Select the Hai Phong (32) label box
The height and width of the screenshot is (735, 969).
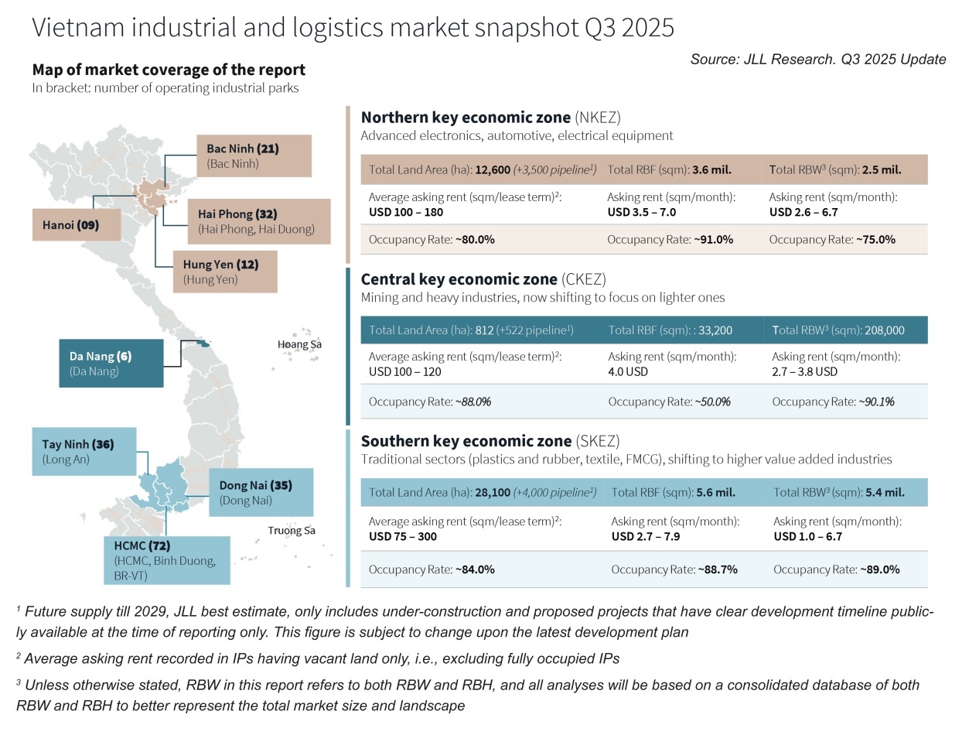click(x=258, y=220)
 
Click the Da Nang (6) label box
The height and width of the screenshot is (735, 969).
click(x=111, y=363)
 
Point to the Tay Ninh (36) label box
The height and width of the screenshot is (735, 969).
click(x=84, y=451)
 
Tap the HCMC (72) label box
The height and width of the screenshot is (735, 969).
click(x=166, y=559)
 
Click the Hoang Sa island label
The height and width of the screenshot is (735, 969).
click(x=299, y=344)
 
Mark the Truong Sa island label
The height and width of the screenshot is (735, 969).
click(x=292, y=531)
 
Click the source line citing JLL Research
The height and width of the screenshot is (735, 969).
click(x=817, y=60)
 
